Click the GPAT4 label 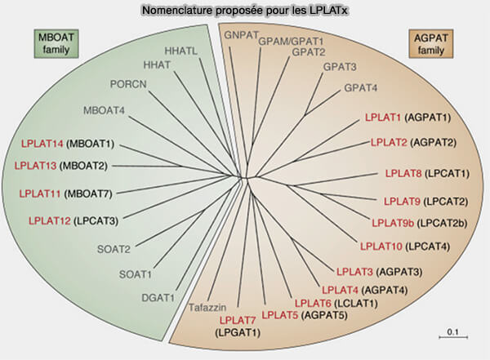point(361,87)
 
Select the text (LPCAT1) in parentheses point(449,173)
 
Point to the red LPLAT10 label point(381,245)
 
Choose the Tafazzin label point(207,307)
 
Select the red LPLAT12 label point(50,220)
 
